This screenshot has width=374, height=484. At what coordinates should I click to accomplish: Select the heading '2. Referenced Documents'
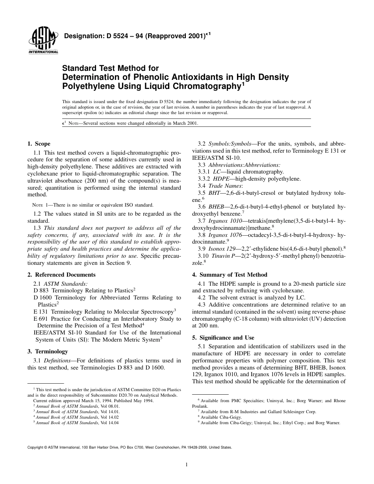pyautogui.click(x=61, y=275)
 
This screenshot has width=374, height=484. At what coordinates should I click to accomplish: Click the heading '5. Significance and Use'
pyautogui.click(x=223, y=338)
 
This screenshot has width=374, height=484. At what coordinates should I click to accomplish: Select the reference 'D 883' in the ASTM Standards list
pyautogui.click(x=41, y=290)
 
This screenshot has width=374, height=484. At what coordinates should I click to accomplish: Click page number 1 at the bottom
pyautogui.click(x=187, y=465)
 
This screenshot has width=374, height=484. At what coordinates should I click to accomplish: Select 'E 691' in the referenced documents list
pyautogui.click(x=41, y=319)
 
